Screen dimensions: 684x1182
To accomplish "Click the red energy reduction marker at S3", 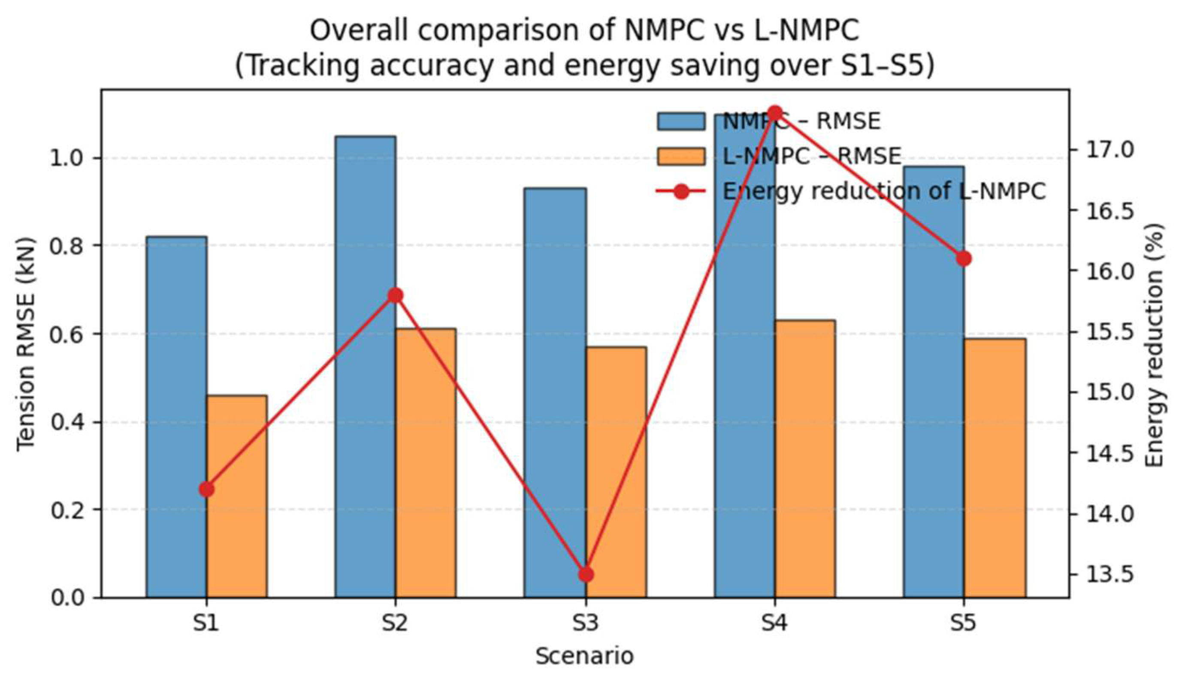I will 586,574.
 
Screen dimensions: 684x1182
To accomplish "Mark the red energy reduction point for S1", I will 206,489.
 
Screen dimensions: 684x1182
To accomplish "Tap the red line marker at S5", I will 964,259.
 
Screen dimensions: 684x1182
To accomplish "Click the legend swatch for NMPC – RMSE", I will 680,121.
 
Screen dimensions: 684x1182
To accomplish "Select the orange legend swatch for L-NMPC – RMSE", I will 680,156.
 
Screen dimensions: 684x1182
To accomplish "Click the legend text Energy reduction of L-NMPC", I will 884,191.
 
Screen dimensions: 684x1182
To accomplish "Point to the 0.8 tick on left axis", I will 66,246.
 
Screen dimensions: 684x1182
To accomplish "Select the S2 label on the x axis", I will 394,624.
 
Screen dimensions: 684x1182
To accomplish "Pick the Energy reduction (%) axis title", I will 1154,345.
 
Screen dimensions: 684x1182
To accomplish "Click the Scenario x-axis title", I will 584,656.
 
